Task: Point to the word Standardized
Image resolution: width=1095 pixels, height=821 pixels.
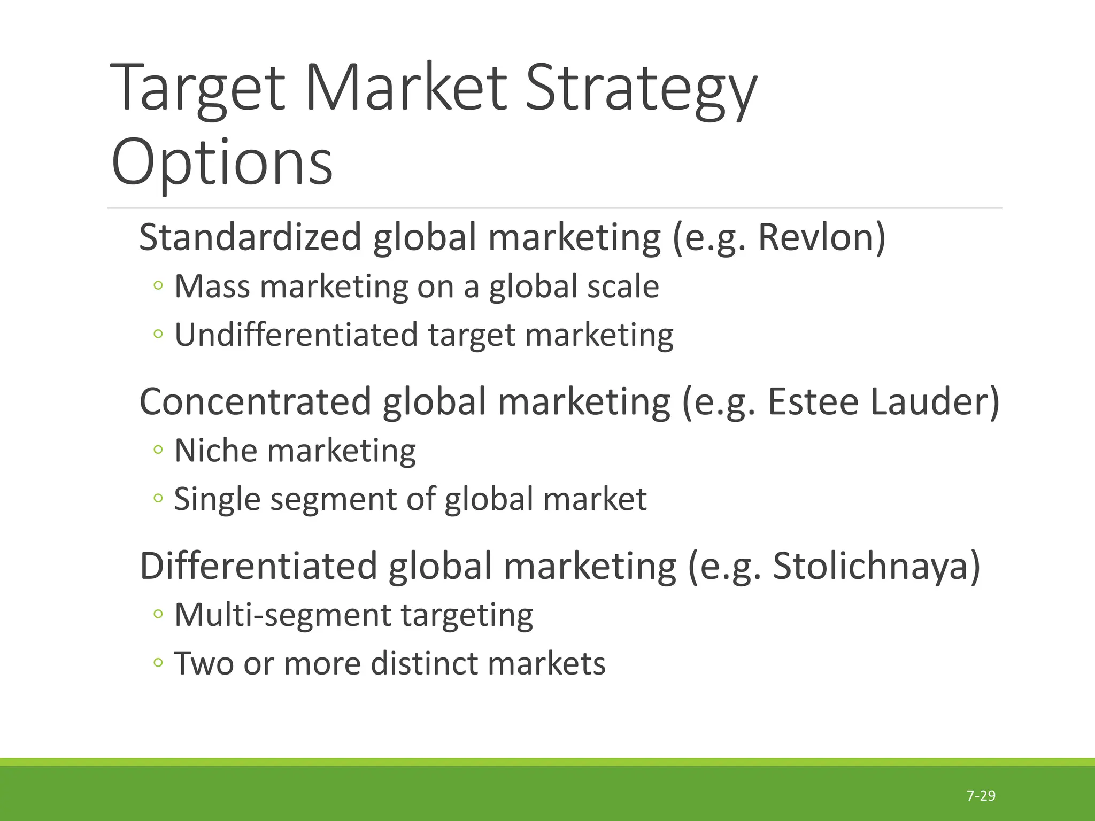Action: point(250,237)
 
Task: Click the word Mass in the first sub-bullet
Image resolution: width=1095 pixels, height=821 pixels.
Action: point(212,286)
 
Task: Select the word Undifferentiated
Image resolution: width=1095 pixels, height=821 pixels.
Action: point(296,335)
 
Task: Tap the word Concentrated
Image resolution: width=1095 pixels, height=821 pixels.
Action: point(255,401)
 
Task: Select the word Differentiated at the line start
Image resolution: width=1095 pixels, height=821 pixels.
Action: point(259,566)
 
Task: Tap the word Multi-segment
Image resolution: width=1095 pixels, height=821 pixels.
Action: point(282,615)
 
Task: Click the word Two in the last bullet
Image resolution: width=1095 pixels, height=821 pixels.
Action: point(204,664)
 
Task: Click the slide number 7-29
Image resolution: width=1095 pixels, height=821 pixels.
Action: point(981,796)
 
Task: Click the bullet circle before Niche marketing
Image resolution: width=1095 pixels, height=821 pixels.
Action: point(157,450)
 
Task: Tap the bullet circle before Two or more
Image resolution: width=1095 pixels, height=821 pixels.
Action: point(157,663)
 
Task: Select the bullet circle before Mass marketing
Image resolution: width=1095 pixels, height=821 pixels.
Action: point(157,286)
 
